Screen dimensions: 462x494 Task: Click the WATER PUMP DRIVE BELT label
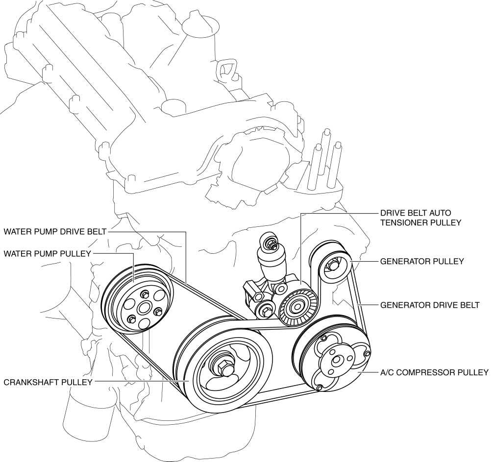click(x=55, y=231)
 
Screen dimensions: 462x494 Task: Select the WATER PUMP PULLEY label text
click(x=47, y=253)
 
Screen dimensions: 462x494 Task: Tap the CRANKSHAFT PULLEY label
click(x=48, y=382)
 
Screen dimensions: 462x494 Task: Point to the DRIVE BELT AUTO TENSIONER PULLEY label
click(x=421, y=218)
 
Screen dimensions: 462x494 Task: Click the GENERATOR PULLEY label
click(x=421, y=261)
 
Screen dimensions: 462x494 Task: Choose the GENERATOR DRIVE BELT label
click(x=430, y=305)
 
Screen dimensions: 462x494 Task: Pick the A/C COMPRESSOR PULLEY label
click(x=434, y=372)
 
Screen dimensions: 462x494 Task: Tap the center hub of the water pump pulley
click(x=144, y=308)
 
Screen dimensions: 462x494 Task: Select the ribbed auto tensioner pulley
click(x=297, y=307)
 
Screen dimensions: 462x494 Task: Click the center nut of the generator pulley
click(x=333, y=266)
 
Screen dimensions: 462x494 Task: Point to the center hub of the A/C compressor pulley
click(x=337, y=361)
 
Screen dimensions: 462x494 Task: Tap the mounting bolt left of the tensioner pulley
click(x=265, y=310)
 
